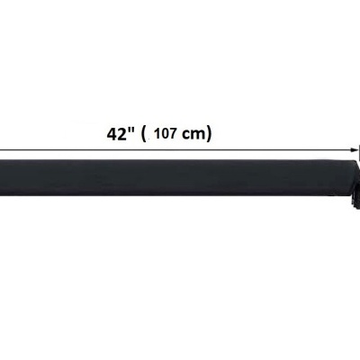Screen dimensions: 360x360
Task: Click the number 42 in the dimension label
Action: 116,134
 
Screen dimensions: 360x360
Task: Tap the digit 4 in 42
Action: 112,134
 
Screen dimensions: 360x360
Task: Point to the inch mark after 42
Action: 130,130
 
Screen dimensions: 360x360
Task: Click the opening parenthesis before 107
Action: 143,134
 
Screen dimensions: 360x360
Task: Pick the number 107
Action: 165,133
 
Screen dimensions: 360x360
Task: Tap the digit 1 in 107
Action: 157,133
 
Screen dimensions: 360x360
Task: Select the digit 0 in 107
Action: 165,133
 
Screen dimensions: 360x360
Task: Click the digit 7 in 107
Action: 172,133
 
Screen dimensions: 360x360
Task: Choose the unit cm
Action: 193,135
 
